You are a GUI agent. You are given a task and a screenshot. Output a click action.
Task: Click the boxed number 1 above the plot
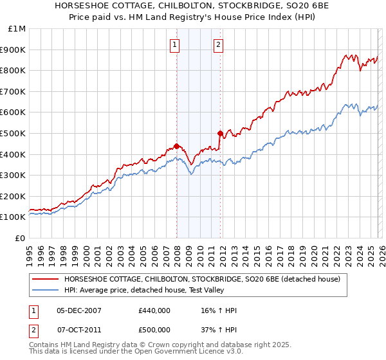(175, 44)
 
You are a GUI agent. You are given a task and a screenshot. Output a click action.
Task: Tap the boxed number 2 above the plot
(218, 44)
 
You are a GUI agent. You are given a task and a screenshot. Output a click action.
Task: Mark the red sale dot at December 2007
(176, 146)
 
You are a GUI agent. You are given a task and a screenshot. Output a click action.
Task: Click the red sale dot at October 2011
(220, 133)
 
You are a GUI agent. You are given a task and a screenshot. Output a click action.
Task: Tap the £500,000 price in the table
(154, 328)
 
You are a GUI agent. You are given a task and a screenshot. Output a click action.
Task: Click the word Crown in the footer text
(157, 346)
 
